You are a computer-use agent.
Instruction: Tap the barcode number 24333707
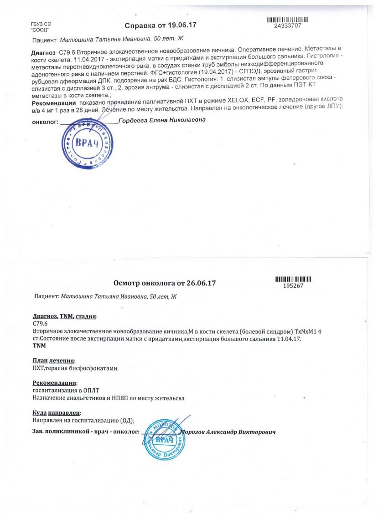(x=286, y=26)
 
